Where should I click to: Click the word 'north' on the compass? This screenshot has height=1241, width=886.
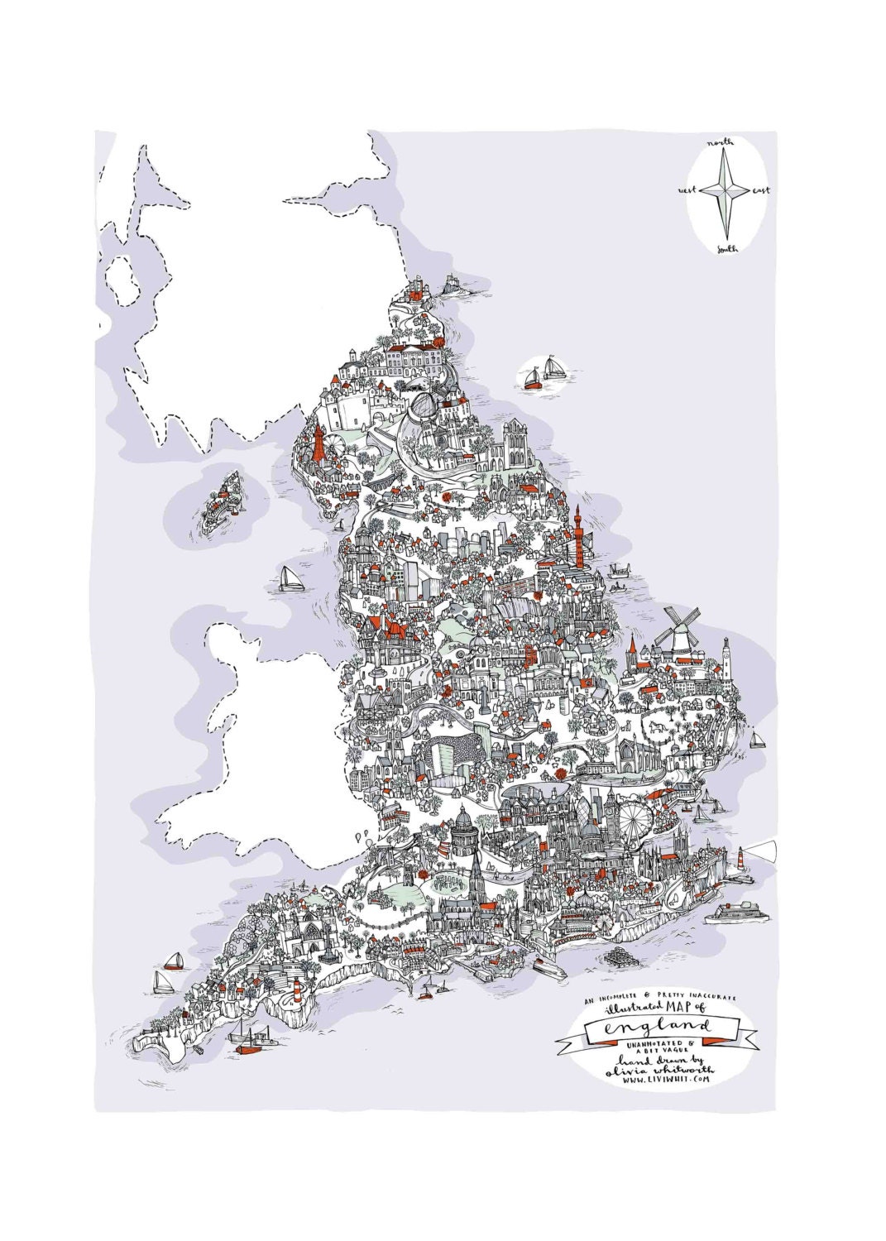pos(719,143)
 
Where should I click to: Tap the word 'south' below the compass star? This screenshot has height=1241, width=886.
pos(728,247)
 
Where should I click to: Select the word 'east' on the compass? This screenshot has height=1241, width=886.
pos(761,191)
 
